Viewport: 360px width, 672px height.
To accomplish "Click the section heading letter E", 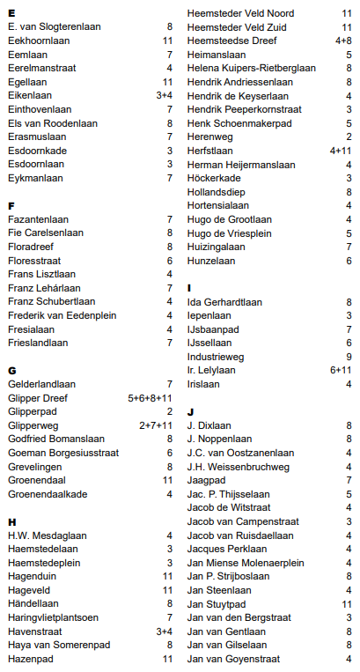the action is [x=11, y=13].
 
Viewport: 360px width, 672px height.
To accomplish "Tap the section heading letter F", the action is [x=11, y=204].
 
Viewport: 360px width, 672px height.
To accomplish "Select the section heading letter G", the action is [x=11, y=370].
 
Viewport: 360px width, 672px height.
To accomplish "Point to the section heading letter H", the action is [x=11, y=521].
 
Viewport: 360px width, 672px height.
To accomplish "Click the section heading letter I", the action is [x=189, y=287].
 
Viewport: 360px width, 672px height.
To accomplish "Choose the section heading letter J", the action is [x=190, y=411].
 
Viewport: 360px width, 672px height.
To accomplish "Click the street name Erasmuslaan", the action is [x=36, y=137].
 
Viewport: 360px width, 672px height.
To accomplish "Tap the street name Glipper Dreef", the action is [x=38, y=397].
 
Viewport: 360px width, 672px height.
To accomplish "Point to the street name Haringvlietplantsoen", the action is [x=53, y=617].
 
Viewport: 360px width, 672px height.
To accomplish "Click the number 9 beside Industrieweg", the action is [x=349, y=357].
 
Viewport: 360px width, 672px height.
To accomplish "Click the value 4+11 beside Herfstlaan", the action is [x=341, y=151].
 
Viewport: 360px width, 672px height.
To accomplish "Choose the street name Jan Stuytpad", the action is [x=216, y=603].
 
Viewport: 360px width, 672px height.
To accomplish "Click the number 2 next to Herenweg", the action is [x=349, y=137].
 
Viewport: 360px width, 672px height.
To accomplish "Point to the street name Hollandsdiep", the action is [x=215, y=191].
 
